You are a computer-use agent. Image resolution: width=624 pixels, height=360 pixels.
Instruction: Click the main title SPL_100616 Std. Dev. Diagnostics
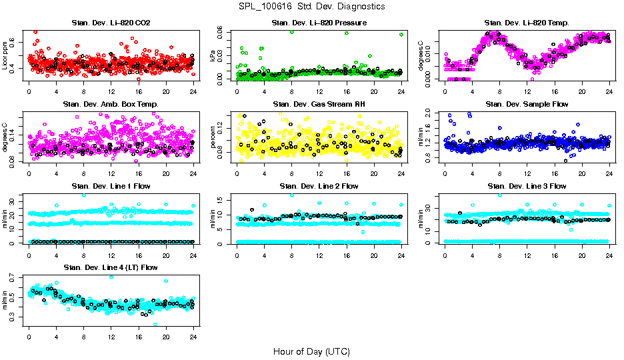pyautogui.click(x=311, y=6)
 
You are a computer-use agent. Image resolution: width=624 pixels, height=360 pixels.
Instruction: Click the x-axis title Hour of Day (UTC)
pyautogui.click(x=311, y=351)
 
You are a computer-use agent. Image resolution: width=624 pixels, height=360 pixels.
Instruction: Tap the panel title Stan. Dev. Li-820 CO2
pyautogui.click(x=111, y=23)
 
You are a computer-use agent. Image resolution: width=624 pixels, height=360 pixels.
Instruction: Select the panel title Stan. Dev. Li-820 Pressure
pyautogui.click(x=319, y=23)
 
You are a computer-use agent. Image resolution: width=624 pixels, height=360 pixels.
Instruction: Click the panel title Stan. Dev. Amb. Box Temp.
pyautogui.click(x=111, y=105)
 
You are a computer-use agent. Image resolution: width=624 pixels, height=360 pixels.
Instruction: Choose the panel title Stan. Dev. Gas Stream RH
pyautogui.click(x=319, y=105)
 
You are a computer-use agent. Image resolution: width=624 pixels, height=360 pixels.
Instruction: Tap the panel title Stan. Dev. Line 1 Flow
pyautogui.click(x=111, y=186)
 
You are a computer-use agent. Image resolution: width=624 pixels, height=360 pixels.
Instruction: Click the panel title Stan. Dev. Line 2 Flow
pyautogui.click(x=319, y=186)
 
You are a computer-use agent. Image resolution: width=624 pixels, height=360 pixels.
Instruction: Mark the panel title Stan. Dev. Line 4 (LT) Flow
pyautogui.click(x=111, y=267)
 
